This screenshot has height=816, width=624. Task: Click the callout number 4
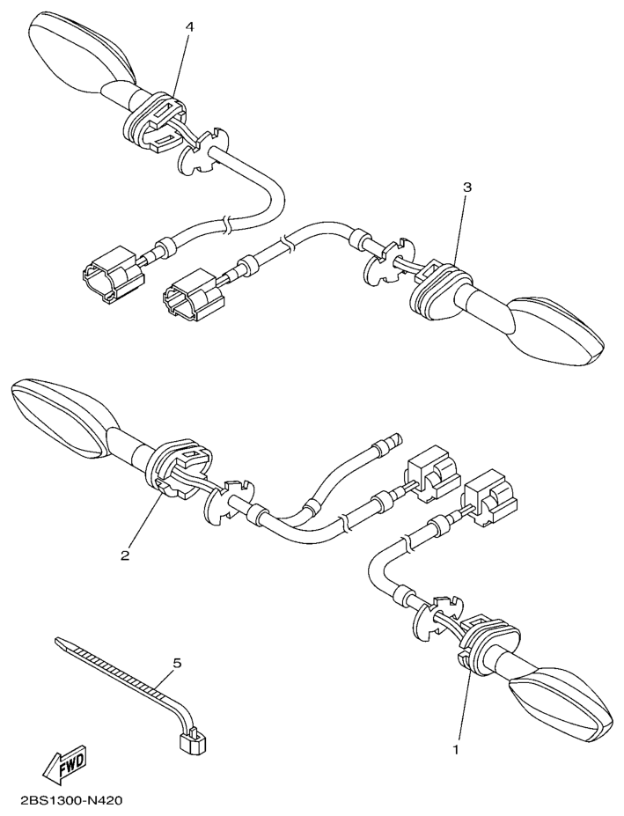click(x=189, y=27)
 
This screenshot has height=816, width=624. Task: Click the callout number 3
click(x=467, y=187)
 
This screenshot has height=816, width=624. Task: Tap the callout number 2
click(x=124, y=555)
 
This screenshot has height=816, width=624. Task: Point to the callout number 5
click(x=178, y=663)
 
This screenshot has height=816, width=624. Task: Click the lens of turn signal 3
click(x=557, y=329)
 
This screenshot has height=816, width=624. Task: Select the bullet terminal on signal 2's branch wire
click(x=387, y=442)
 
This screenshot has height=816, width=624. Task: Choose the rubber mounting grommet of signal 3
click(x=438, y=289)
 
